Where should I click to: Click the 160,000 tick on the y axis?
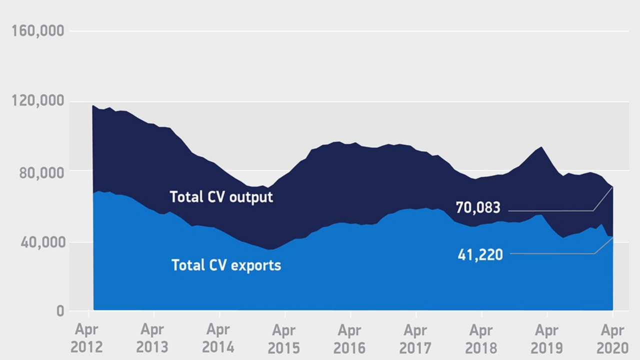coord(38,31)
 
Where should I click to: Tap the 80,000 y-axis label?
coord(41,172)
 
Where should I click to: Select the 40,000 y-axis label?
coord(41,242)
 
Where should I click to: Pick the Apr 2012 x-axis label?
coord(87,338)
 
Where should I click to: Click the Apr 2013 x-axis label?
coord(152,338)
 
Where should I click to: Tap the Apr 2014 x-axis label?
coord(218,338)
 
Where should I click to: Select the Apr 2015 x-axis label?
coord(284,338)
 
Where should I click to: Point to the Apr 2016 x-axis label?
coord(349,338)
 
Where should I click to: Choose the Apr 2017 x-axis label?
coord(415,338)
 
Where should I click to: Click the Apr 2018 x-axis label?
coord(481,338)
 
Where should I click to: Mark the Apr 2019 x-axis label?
coord(546,338)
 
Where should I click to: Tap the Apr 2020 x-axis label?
coord(612,338)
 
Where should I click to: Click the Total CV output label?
coord(221,197)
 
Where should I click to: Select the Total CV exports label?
coord(226,265)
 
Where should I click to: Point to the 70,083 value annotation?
coord(478,207)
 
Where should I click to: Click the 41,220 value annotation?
coord(480,255)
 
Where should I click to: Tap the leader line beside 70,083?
coord(550,210)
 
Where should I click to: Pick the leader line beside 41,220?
coord(550,253)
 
